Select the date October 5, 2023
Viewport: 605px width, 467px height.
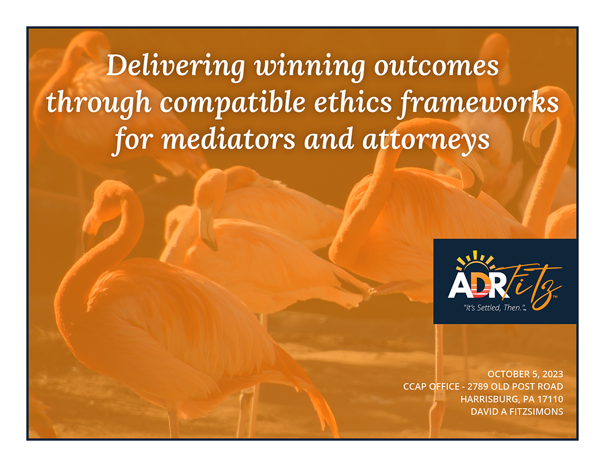(x=525, y=374)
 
